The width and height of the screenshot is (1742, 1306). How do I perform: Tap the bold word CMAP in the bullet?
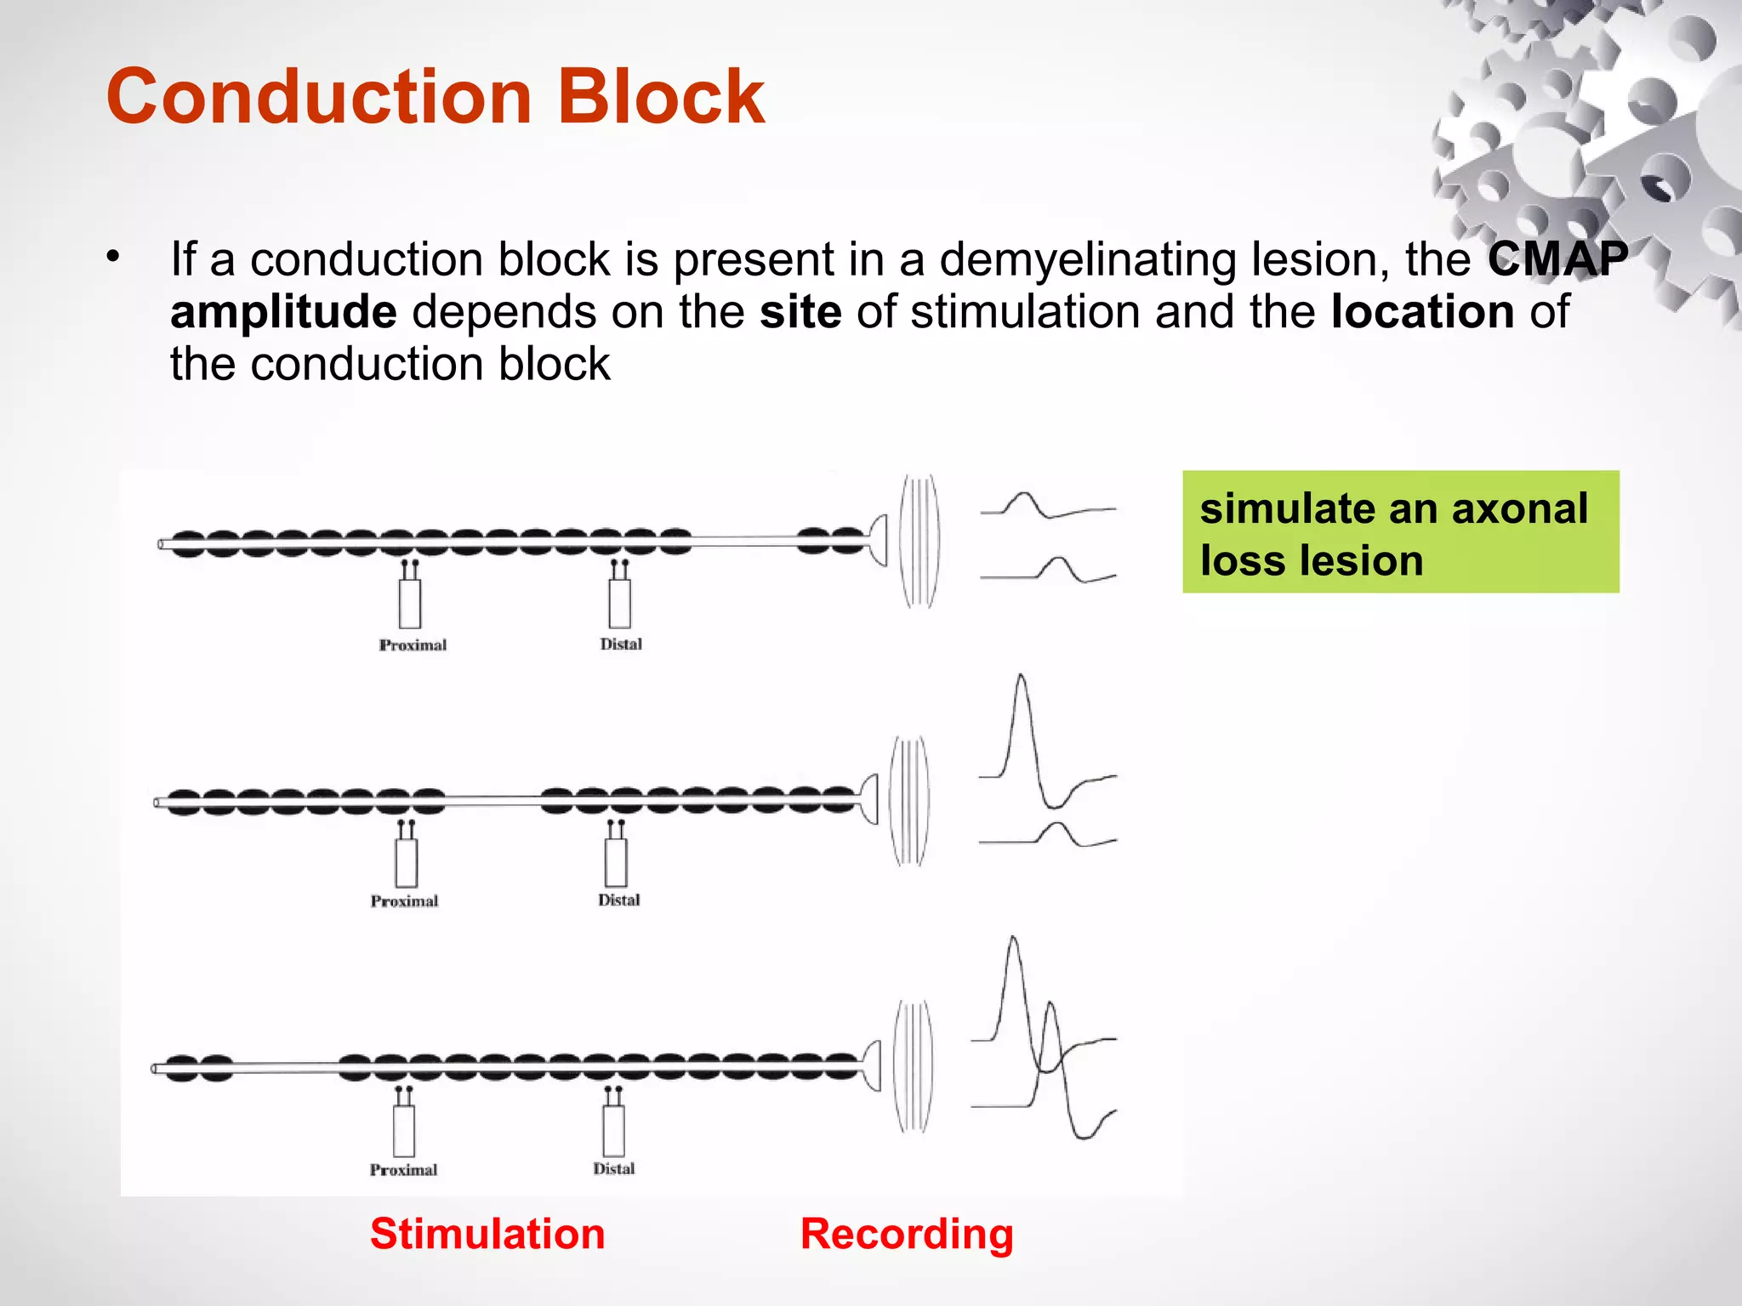click(1557, 258)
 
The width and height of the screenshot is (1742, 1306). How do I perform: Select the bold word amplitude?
click(283, 311)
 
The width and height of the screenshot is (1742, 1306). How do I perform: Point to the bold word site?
click(800, 311)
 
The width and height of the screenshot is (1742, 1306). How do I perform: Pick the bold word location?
click(1422, 311)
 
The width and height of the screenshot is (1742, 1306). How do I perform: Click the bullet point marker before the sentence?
click(113, 256)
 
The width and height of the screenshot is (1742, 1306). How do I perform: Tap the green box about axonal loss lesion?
click(1400, 532)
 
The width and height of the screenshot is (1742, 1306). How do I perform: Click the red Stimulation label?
click(487, 1234)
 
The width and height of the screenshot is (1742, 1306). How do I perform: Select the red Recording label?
click(907, 1234)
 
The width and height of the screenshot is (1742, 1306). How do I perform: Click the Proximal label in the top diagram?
click(413, 645)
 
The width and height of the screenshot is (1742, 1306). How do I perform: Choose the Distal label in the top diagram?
click(621, 644)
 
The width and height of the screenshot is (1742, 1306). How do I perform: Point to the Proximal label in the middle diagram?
click(404, 901)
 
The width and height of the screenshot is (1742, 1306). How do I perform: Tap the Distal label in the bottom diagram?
click(613, 1169)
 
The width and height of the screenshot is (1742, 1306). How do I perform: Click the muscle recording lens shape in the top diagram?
click(919, 541)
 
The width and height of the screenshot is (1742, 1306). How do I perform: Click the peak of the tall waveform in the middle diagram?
click(1021, 678)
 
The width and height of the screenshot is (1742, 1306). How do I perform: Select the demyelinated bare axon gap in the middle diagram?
click(492, 800)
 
